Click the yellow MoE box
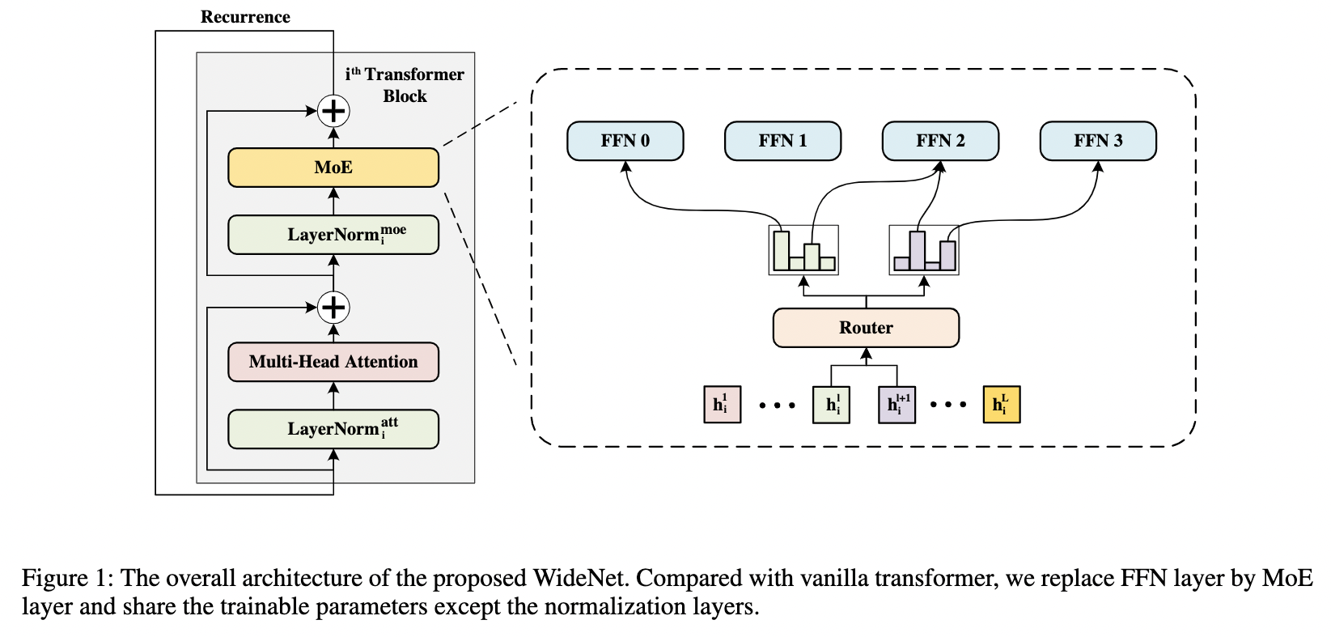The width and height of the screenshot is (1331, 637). (333, 168)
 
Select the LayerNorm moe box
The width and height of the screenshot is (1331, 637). (333, 235)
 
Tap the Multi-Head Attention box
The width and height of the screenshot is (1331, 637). (333, 362)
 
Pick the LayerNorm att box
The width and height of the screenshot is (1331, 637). (333, 429)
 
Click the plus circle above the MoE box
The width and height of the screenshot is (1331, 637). (333, 111)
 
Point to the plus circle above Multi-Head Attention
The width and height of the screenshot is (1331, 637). (333, 308)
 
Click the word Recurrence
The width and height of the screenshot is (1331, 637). (245, 17)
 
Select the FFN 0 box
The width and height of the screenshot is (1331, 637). (625, 141)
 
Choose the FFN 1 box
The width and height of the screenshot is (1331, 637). (782, 141)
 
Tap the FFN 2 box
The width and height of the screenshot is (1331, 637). (940, 141)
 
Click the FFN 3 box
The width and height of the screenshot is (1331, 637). (1098, 141)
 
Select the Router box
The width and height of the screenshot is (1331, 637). (866, 328)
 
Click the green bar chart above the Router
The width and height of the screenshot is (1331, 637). (803, 250)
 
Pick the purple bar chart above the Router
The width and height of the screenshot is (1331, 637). (924, 250)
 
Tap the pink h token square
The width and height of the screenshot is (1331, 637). (722, 405)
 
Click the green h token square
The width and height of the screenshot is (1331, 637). (831, 405)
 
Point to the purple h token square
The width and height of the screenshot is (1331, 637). (897, 405)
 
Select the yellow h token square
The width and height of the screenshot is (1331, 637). (1002, 405)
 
